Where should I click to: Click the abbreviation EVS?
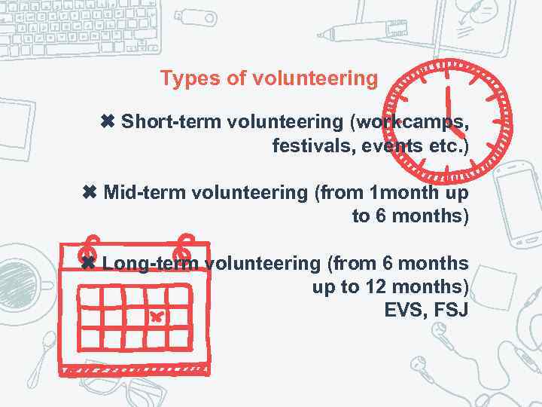405,311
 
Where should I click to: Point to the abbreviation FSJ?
451,311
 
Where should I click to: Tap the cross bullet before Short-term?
108,121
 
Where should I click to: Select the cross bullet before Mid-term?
90,192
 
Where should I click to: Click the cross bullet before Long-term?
88,264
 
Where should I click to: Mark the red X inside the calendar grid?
155,317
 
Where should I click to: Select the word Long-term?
151,264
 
